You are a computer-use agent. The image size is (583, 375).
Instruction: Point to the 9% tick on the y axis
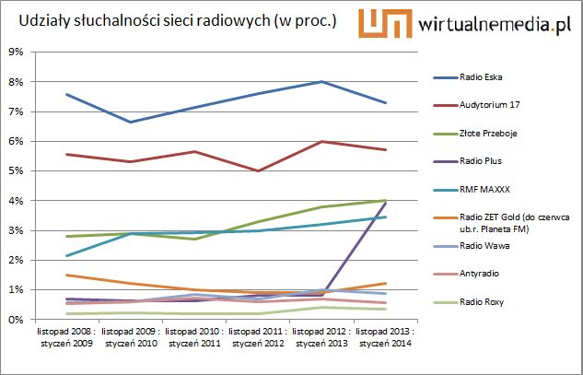pos(15,53)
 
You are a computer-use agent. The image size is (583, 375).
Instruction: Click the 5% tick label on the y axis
pos(15,171)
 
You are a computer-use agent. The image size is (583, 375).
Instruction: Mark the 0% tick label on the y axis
pos(15,320)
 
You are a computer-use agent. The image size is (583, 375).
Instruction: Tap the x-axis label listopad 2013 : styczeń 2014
pos(385,337)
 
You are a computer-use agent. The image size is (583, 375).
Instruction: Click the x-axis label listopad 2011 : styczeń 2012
pos(257,337)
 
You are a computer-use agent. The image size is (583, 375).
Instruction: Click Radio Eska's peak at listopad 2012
pos(321,82)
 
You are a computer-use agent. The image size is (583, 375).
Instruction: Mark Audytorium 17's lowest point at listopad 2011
pos(257,170)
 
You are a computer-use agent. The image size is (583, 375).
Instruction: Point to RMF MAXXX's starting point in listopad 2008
pos(66,255)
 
